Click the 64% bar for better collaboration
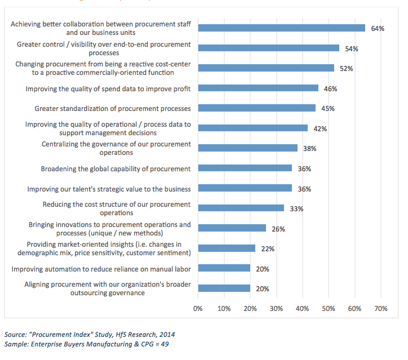tap(282, 28)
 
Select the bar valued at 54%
tap(269, 48)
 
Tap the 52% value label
tap(346, 69)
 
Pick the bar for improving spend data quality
tap(258, 88)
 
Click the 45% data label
tap(328, 109)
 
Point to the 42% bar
tap(253, 128)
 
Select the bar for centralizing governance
tap(248, 148)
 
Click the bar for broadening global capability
tap(245, 168)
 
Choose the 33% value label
tap(297, 209)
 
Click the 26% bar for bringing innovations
tap(232, 228)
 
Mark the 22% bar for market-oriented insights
tap(227, 248)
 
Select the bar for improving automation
tap(224, 268)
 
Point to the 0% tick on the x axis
tap(198, 309)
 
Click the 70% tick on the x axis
tap(380, 309)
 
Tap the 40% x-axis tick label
tap(302, 309)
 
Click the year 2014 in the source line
tap(159, 334)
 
